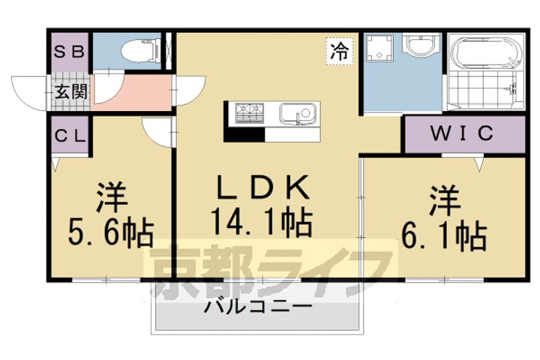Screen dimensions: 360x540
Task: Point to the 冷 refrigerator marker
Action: (x=340, y=52)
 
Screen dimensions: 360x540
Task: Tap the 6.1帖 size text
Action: (x=445, y=235)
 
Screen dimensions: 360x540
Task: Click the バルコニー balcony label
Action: (x=259, y=307)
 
